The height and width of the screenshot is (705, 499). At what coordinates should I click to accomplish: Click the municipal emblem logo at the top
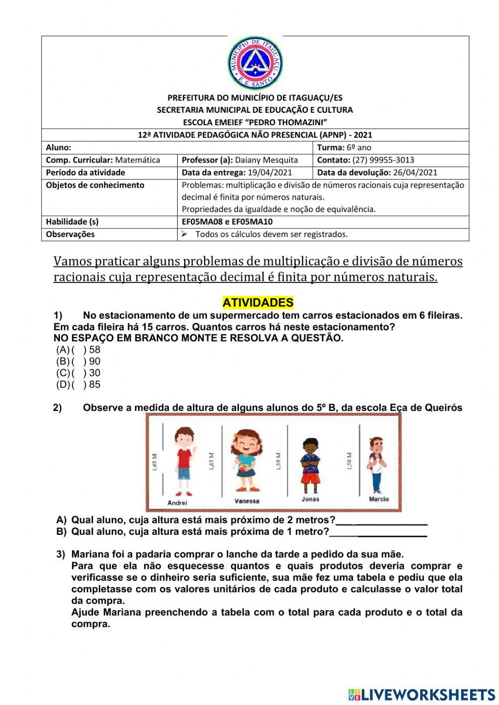click(255, 63)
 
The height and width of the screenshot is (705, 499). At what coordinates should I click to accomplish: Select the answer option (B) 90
click(79, 361)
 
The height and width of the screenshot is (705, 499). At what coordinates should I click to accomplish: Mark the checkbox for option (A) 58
click(79, 350)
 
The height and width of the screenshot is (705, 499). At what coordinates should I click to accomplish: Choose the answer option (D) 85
click(79, 385)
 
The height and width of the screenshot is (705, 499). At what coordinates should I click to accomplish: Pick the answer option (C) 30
click(79, 373)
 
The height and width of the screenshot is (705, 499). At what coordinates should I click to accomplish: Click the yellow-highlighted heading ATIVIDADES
click(257, 302)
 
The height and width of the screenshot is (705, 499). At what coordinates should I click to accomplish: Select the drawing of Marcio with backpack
click(376, 465)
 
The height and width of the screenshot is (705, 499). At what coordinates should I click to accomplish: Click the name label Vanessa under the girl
click(247, 501)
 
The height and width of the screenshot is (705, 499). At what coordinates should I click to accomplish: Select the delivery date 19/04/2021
click(269, 173)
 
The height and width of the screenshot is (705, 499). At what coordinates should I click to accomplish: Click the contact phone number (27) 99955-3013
click(383, 160)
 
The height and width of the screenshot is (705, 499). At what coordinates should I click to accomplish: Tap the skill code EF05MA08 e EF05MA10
click(227, 222)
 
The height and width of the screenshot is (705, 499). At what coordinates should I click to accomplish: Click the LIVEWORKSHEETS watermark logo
click(422, 694)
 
